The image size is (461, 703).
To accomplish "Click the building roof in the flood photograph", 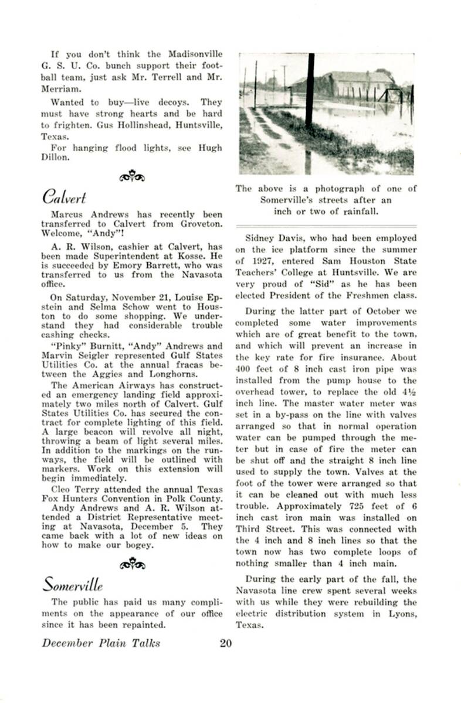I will click(x=358, y=77).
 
